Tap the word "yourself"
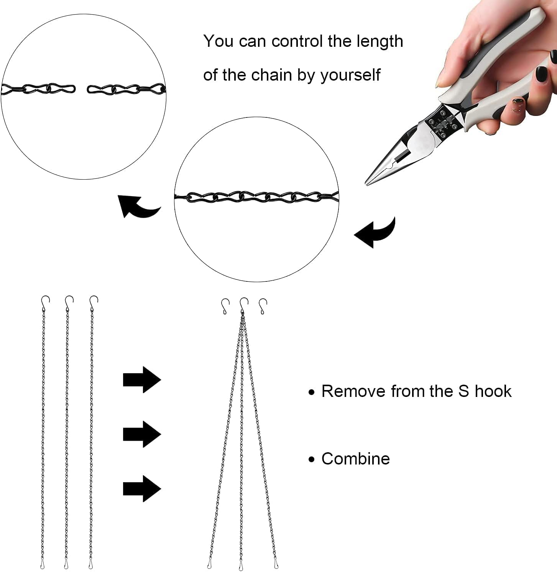(x=350, y=75)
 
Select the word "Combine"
(x=355, y=459)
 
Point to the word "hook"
(x=493, y=391)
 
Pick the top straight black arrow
(x=141, y=380)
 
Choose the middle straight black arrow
(x=141, y=434)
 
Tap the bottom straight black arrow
(x=141, y=489)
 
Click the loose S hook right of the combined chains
(x=263, y=306)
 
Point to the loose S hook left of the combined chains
(x=225, y=306)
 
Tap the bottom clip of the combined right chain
(x=276, y=564)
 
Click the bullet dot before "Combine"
(x=312, y=459)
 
